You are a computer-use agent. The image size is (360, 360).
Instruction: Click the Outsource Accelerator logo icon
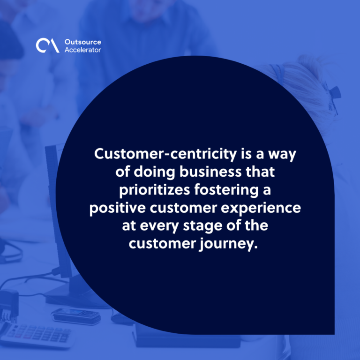47,45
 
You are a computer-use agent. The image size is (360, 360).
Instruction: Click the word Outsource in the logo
83,42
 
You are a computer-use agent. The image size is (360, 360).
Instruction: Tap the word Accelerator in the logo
82,50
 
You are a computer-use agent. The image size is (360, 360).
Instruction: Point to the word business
210,172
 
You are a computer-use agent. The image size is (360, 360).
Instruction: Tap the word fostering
226,190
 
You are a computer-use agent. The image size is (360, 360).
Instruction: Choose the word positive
118,208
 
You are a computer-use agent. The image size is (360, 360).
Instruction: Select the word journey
228,244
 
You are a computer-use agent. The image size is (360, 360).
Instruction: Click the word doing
154,172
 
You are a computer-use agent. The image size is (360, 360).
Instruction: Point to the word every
159,226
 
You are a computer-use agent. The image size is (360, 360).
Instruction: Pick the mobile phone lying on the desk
76,315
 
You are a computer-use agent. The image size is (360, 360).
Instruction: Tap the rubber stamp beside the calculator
9,305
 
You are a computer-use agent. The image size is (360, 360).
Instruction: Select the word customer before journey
162,244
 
